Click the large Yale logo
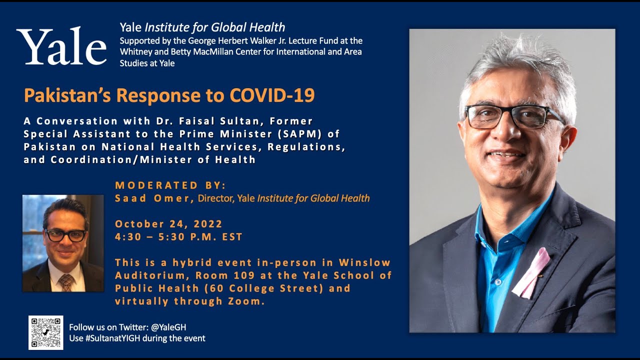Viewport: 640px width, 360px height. point(61,46)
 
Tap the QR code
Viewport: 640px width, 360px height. point(45,332)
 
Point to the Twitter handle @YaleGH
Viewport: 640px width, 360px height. point(168,327)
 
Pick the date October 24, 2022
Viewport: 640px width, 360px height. point(168,224)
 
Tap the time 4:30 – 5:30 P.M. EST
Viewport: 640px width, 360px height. point(178,237)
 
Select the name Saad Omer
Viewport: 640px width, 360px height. point(153,198)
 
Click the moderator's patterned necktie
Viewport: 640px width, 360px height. point(66,282)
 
